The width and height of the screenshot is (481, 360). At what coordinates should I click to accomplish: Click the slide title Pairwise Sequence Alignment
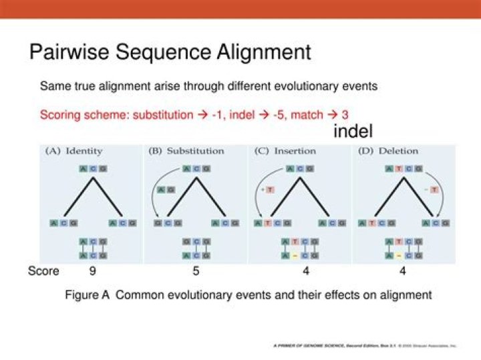tap(170, 51)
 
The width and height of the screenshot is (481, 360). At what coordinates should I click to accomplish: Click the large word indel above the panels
tap(353, 132)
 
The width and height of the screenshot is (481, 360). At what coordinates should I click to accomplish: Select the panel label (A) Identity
tap(73, 151)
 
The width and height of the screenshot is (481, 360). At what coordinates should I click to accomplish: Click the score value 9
tap(93, 271)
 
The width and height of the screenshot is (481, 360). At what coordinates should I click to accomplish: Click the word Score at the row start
tap(43, 271)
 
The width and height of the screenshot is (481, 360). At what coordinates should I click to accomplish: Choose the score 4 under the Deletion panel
tap(403, 271)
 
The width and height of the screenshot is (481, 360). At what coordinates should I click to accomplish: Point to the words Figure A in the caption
tap(87, 295)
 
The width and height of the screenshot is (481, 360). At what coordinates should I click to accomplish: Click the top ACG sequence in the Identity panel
tap(93, 169)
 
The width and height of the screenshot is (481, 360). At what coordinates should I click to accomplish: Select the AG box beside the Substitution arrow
tap(165, 190)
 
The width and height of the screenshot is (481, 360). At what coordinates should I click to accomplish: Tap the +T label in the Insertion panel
tap(269, 190)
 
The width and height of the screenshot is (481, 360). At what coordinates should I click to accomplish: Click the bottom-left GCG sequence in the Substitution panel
tap(163, 222)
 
